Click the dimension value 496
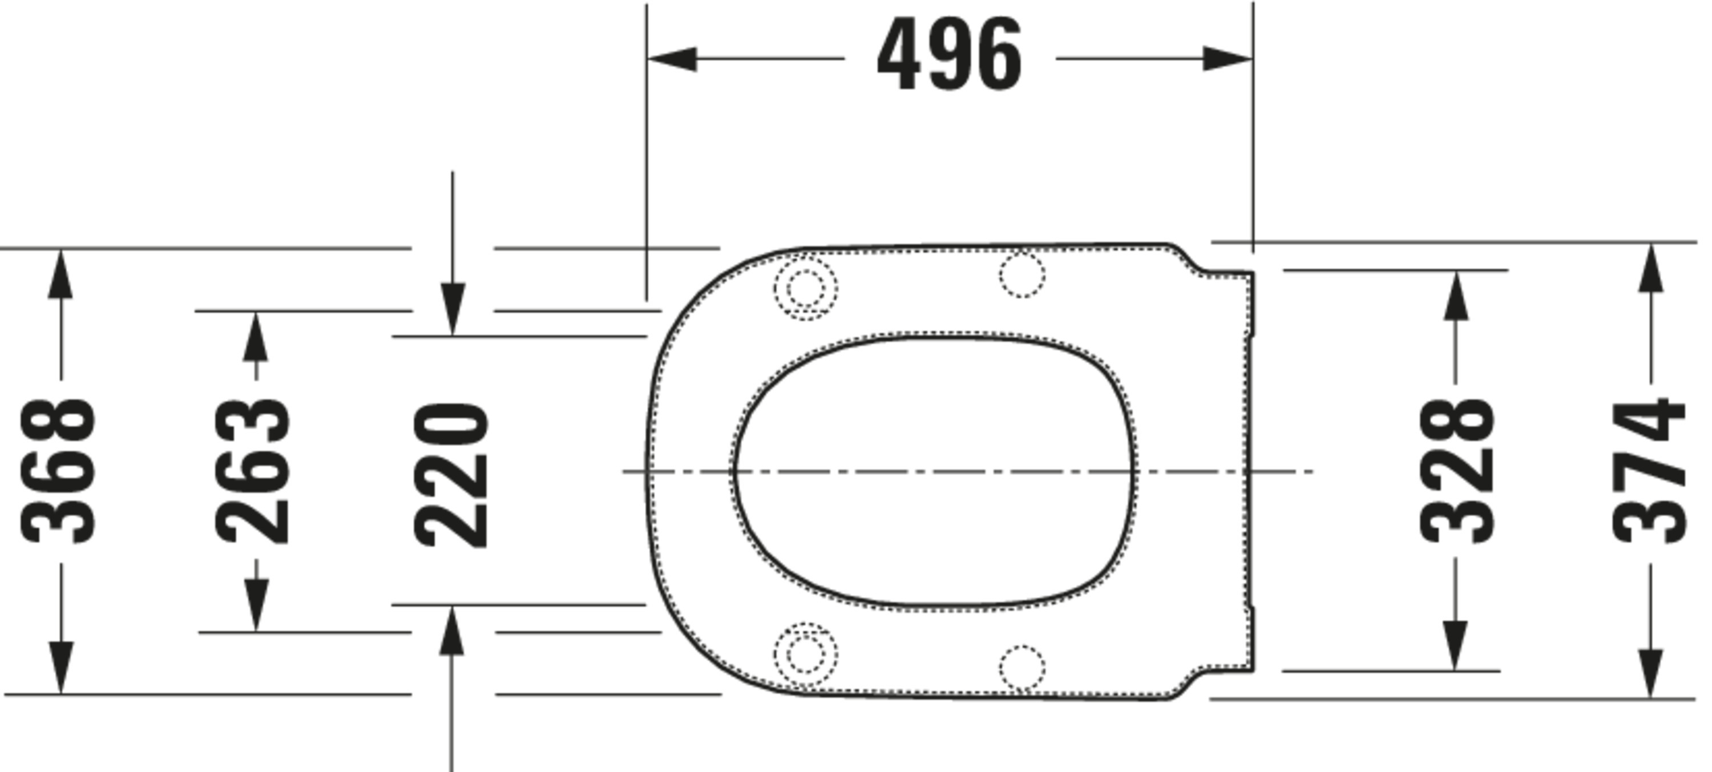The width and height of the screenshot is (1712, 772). coord(949,54)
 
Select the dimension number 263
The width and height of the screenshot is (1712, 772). coord(253,471)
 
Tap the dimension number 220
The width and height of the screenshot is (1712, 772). coord(451,475)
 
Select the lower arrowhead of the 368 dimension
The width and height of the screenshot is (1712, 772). coord(61,668)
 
